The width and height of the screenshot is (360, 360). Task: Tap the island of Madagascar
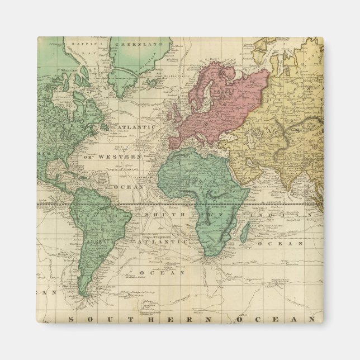244,230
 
